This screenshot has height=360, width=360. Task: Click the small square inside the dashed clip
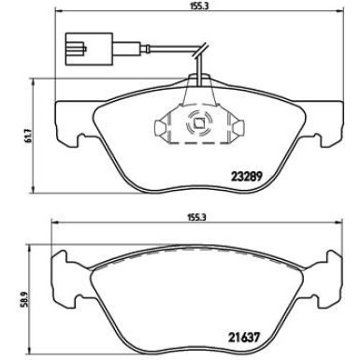pyautogui.click(x=197, y=122)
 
